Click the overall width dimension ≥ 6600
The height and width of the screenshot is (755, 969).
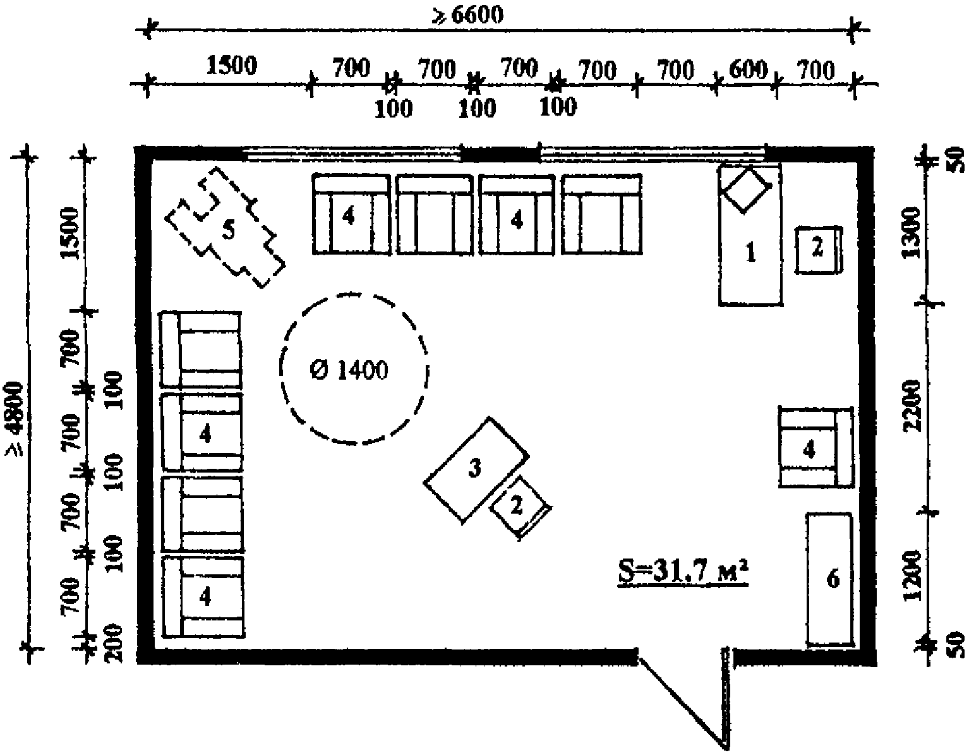point(467,15)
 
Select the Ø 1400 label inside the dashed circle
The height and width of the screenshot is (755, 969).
point(349,370)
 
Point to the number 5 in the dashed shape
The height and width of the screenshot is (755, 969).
point(228,230)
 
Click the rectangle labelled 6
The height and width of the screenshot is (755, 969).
point(830,579)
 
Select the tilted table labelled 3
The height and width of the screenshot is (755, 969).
point(475,468)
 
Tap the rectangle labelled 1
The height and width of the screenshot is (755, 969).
point(750,253)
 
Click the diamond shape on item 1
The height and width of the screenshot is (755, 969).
point(747,188)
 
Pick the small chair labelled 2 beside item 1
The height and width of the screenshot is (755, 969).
point(817,249)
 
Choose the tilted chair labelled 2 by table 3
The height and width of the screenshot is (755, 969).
point(518,506)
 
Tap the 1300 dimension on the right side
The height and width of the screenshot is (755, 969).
point(915,233)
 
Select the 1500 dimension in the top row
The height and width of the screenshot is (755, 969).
point(231,66)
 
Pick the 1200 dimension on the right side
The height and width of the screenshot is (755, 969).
point(914,579)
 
